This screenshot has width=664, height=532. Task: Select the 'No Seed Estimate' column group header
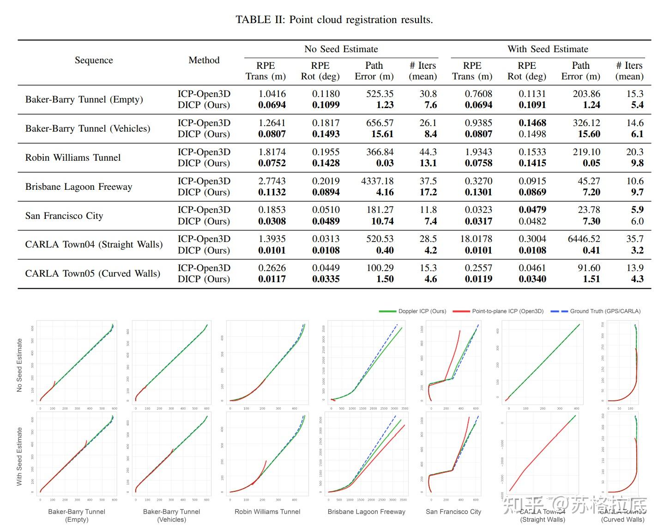pos(341,49)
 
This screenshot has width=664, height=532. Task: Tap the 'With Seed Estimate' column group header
pos(548,49)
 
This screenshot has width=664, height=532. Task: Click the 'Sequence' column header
pos(94,60)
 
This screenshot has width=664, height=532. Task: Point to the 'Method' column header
pos(204,60)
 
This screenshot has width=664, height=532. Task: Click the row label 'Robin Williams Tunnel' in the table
pos(73,157)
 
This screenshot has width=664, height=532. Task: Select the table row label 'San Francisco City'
pos(64,216)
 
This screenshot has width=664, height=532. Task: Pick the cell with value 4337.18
pos(377,181)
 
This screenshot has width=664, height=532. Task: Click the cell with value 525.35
pos(380,94)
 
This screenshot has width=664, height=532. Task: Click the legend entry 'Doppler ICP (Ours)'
pos(422,311)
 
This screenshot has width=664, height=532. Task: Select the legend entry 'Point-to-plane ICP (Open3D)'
pos(507,311)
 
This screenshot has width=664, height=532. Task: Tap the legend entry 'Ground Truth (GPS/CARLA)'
pos(605,311)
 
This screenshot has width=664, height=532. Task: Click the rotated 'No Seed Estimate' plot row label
pos(19,365)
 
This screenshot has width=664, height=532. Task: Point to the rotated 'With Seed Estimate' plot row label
pos(19,456)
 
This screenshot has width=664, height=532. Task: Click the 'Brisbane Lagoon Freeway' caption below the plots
pos(366,512)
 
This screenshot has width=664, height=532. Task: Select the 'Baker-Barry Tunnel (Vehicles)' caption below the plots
pos(171,515)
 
